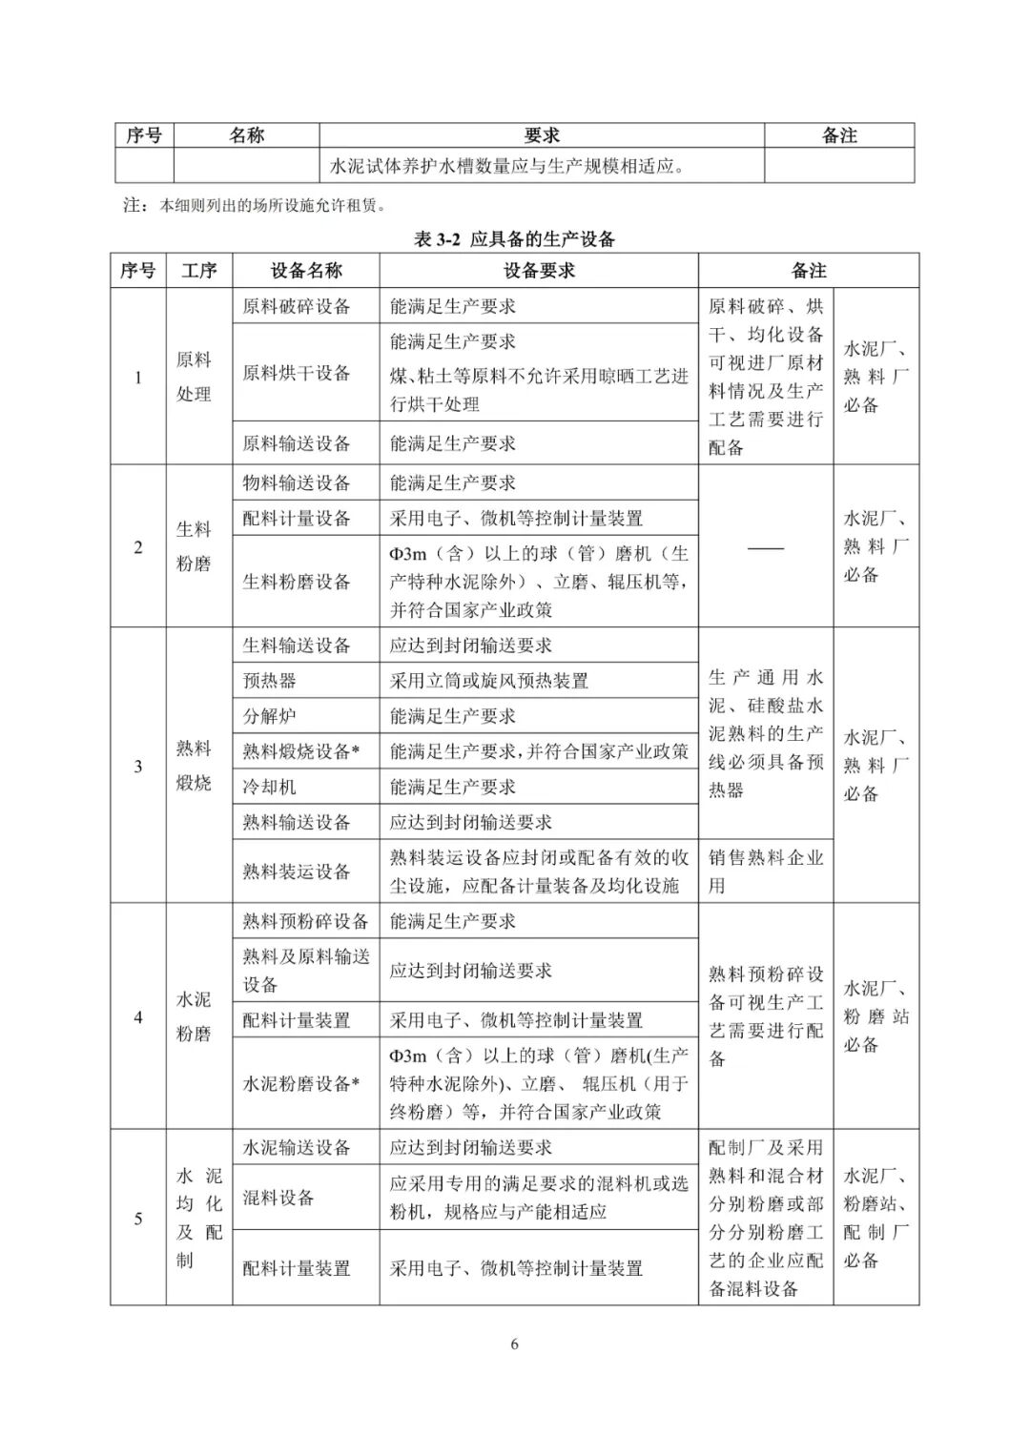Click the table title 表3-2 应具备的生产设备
[x=514, y=239]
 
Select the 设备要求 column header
[x=539, y=271]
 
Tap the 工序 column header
[x=199, y=271]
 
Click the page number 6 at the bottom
[x=515, y=1344]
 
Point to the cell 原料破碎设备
[x=297, y=306]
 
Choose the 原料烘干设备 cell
[x=297, y=373]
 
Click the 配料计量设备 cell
[x=297, y=518]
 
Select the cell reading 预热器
[x=270, y=681]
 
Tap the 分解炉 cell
[x=270, y=716]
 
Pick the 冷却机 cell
[x=270, y=787]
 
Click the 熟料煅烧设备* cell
[x=301, y=751]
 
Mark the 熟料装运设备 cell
[x=297, y=872]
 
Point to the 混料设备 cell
[x=278, y=1198]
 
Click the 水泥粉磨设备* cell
[x=301, y=1083]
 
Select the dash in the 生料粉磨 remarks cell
[x=765, y=547]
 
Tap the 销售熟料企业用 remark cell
[x=765, y=872]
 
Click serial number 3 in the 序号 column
[x=138, y=766]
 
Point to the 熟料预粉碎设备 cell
[x=305, y=921]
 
